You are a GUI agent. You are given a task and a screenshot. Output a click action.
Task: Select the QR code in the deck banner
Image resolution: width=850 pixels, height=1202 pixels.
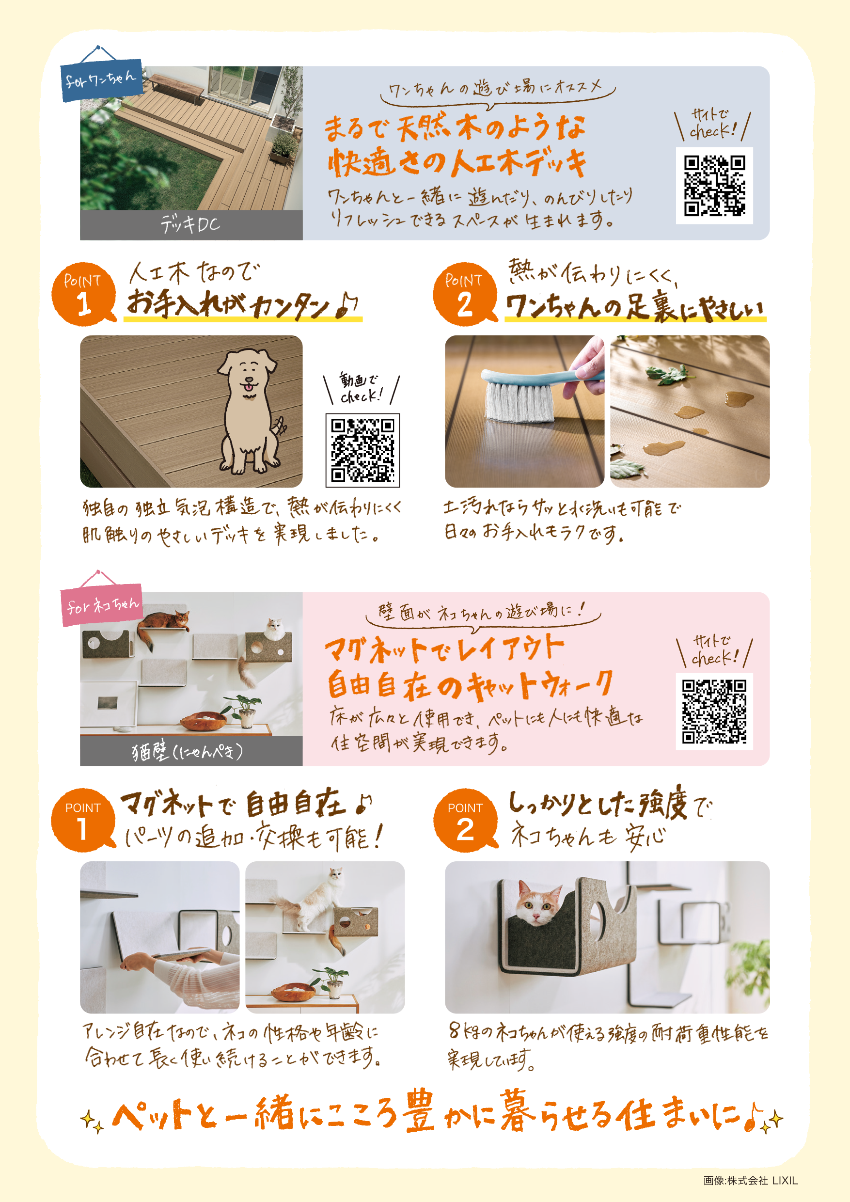tap(714, 185)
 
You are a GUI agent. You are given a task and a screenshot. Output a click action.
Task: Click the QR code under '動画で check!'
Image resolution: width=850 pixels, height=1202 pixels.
tap(362, 450)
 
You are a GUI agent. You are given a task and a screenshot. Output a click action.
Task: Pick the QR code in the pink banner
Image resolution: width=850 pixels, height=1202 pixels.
tap(714, 711)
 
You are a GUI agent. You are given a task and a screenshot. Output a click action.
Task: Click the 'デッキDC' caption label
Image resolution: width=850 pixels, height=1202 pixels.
tap(191, 225)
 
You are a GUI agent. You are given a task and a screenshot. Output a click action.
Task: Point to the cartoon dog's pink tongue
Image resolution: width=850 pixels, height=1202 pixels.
tap(248, 387)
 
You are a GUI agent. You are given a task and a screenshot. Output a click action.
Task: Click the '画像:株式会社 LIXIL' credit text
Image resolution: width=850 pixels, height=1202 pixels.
tap(750, 1180)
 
